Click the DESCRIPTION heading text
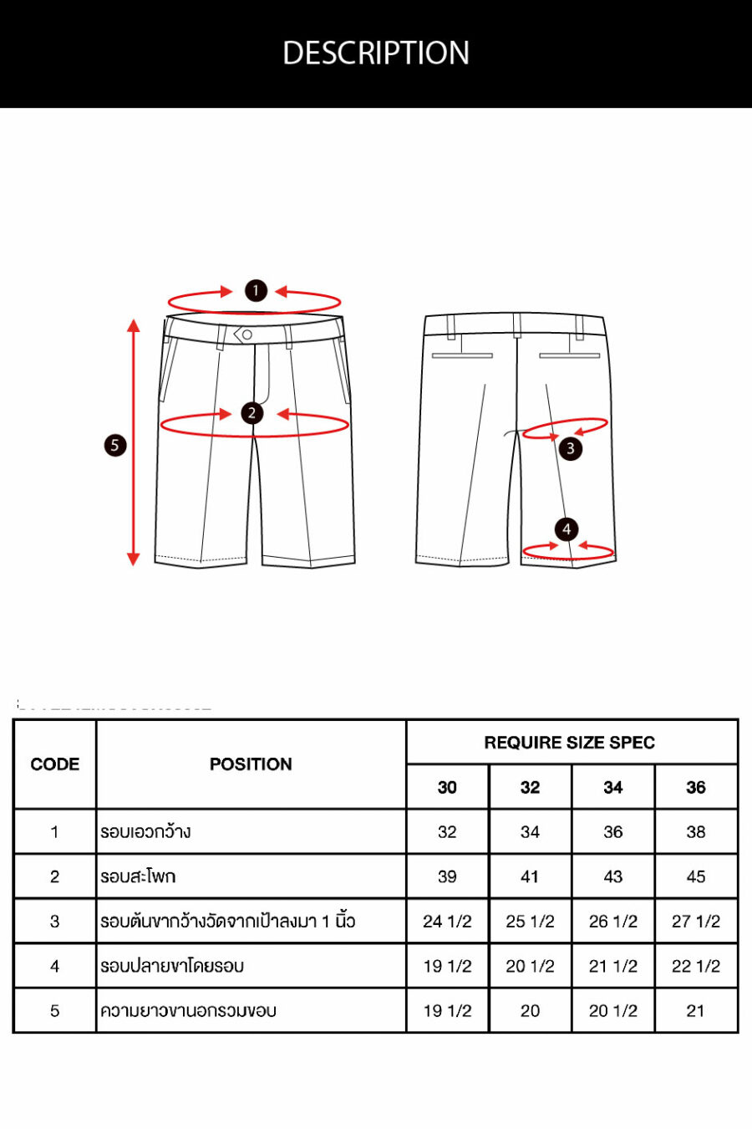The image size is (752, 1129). tap(376, 53)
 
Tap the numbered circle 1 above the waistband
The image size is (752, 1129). tap(256, 291)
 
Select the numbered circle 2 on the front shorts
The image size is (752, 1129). tap(252, 413)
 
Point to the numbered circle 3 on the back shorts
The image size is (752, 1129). tap(570, 448)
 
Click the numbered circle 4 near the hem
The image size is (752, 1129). tap(567, 529)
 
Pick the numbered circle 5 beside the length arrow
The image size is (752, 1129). tap(114, 445)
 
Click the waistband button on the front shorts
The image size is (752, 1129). tap(247, 335)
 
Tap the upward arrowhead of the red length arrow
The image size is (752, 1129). tap(134, 325)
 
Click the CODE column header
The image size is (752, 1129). tap(55, 764)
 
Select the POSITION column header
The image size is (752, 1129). tap(251, 764)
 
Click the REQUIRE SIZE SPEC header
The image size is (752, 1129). tap(570, 743)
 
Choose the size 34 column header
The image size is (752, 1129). tap(613, 787)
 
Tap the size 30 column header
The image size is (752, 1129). tap(447, 787)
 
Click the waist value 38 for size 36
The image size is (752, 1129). tap(695, 831)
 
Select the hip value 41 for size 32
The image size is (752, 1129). tap(530, 876)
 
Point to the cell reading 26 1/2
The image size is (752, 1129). tap(613, 922)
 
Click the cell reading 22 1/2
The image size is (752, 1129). tap(695, 966)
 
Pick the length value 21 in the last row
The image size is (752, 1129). tap(695, 1010)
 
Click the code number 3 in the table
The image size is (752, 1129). tap(55, 922)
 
